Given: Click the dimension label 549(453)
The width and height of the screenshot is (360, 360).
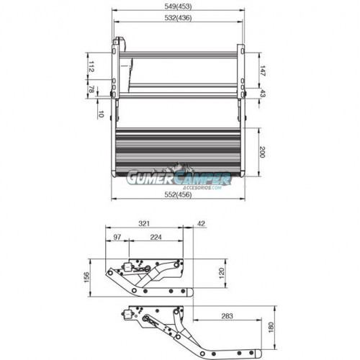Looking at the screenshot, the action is tap(178, 6).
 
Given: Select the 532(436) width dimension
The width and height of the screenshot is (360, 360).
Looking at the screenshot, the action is tap(178, 18).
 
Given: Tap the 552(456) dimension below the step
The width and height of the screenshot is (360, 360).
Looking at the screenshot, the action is tap(178, 194).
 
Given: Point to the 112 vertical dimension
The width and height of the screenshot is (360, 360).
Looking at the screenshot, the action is tap(91, 66).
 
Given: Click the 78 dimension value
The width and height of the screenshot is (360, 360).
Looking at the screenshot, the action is tap(91, 90).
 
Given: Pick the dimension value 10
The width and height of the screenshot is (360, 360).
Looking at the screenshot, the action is tap(101, 114).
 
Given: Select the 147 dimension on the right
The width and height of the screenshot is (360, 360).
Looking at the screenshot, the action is tap(262, 71).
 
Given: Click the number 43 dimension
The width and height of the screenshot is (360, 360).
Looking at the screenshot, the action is tap(262, 94).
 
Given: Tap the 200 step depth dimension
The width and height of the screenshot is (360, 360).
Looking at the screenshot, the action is tap(262, 152).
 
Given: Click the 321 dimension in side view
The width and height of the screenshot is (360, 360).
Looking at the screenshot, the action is tap(144, 224).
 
